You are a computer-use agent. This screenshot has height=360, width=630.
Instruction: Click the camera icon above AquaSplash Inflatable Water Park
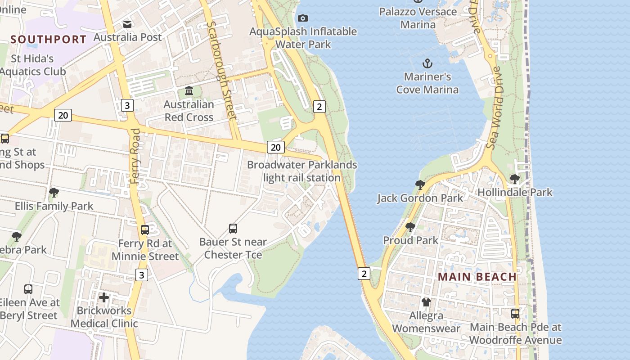[303, 18]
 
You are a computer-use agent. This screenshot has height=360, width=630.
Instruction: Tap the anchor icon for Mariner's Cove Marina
[427, 63]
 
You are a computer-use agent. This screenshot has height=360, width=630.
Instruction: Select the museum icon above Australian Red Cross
[189, 91]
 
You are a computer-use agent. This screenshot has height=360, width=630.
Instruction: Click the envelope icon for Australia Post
[128, 24]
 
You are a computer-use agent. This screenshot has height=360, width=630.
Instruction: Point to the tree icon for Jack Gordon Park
[420, 184]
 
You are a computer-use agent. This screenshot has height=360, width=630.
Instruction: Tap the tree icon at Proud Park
[410, 227]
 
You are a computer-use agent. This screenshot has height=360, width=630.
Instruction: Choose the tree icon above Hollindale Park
[515, 179]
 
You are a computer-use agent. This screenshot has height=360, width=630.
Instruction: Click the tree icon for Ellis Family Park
[54, 193]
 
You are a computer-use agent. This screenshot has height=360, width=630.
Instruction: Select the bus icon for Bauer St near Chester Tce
[233, 228]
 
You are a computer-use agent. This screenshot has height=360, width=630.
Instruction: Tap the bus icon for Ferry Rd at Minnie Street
[145, 230]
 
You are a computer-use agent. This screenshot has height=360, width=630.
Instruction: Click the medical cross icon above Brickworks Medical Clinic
[104, 297]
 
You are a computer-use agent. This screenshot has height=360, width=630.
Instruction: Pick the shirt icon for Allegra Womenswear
[426, 302]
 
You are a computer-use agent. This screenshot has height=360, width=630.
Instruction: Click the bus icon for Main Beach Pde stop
[515, 313]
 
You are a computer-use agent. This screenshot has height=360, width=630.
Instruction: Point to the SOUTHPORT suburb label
[48, 39]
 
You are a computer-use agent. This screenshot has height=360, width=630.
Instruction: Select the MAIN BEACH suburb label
[477, 277]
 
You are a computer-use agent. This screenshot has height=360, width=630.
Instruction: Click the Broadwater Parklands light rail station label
[302, 171]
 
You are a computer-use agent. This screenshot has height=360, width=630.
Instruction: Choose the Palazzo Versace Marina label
[418, 18]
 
